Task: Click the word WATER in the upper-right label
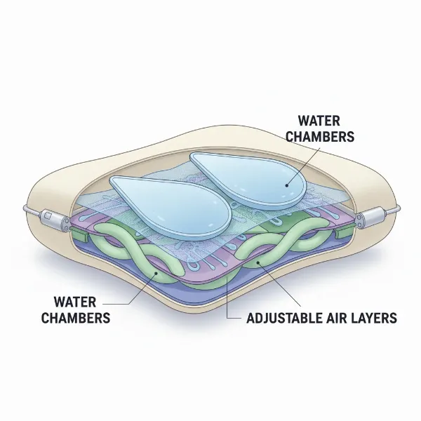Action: pos(319,121)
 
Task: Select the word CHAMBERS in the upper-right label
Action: pos(320,136)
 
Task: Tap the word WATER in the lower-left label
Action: pos(75,302)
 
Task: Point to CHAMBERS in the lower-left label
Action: pos(76,318)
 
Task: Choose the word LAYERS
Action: pos(373,318)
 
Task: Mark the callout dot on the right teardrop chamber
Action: pos(287,185)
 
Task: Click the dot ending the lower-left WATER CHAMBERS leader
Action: pos(156,273)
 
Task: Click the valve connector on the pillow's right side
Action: pos(371,216)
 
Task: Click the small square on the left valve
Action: pos(48,215)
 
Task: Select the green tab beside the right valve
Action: pos(346,234)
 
